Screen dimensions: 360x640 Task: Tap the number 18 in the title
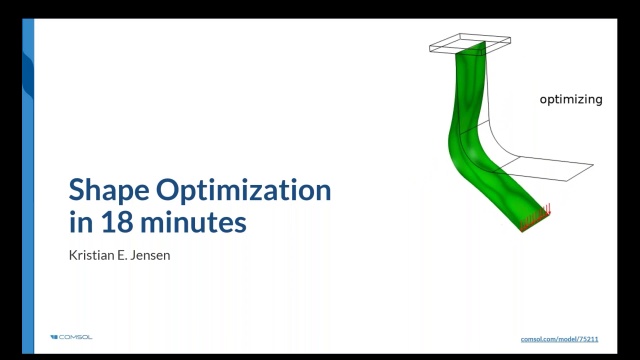tap(106, 222)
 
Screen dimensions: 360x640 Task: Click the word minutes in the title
tap(189, 222)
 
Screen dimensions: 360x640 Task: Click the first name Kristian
tap(91, 254)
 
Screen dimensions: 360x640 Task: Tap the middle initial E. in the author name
tap(126, 254)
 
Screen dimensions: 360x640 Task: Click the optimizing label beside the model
tap(570, 100)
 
